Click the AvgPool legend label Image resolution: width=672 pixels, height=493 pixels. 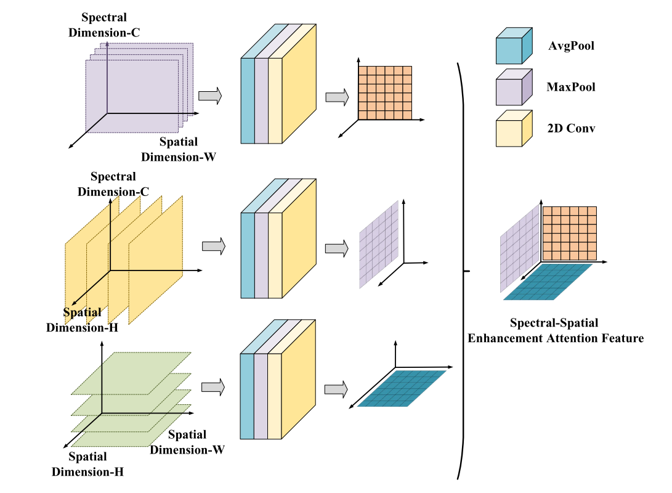[x=570, y=46]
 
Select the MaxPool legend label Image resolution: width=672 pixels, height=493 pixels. [x=571, y=87]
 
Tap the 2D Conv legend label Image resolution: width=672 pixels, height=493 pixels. [x=570, y=128]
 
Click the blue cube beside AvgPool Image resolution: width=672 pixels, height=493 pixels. [x=513, y=47]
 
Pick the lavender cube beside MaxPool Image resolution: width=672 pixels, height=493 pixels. [x=513, y=89]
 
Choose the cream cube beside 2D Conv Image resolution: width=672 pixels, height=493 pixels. [x=513, y=130]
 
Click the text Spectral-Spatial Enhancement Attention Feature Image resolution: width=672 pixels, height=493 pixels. [x=556, y=330]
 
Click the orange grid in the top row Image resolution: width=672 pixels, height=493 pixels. [x=385, y=93]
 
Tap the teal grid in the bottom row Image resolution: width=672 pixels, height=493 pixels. [x=402, y=388]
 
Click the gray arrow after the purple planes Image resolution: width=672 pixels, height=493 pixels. [x=210, y=96]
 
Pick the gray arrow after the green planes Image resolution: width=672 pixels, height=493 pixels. [x=213, y=387]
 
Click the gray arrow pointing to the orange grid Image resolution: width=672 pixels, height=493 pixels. [x=337, y=97]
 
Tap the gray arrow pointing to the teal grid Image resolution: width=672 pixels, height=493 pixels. [x=337, y=389]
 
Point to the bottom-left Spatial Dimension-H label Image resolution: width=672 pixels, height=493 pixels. [x=87, y=464]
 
